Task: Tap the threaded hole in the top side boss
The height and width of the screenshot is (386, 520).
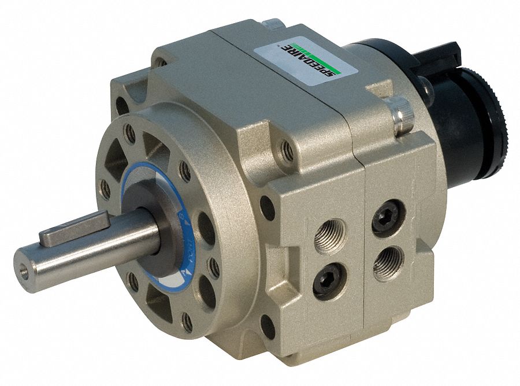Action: pyautogui.click(x=287, y=152)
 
